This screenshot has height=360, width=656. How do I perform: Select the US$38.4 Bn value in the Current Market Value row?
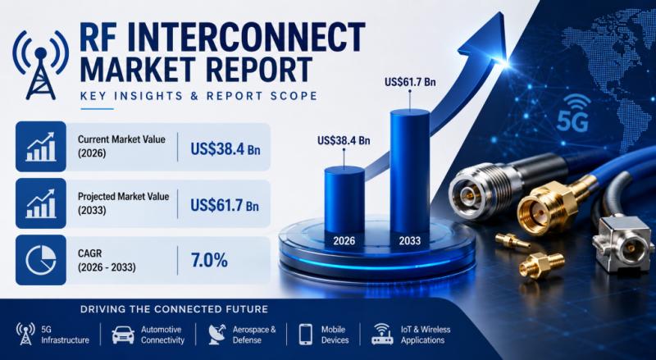tap(225, 148)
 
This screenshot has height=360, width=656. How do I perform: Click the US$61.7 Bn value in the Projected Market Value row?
tap(225, 205)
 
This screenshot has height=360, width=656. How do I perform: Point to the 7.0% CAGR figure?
tap(209, 260)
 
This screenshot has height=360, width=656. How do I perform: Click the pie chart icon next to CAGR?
tap(40, 260)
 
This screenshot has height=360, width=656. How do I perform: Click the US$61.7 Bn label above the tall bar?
tap(410, 82)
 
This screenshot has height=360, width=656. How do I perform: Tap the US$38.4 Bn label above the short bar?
tap(344, 140)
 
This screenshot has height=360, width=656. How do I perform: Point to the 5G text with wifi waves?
tap(573, 113)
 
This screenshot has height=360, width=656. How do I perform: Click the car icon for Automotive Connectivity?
tap(123, 335)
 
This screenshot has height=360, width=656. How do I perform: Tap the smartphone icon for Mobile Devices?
tap(305, 335)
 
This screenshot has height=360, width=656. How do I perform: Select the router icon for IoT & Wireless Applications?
tap(382, 334)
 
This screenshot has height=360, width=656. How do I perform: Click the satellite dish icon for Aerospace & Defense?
tap(216, 334)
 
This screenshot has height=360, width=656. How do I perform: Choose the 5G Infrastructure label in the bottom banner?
tap(65, 335)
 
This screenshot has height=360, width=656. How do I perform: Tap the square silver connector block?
tap(622, 244)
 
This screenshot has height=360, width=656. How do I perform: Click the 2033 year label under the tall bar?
tap(409, 241)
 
